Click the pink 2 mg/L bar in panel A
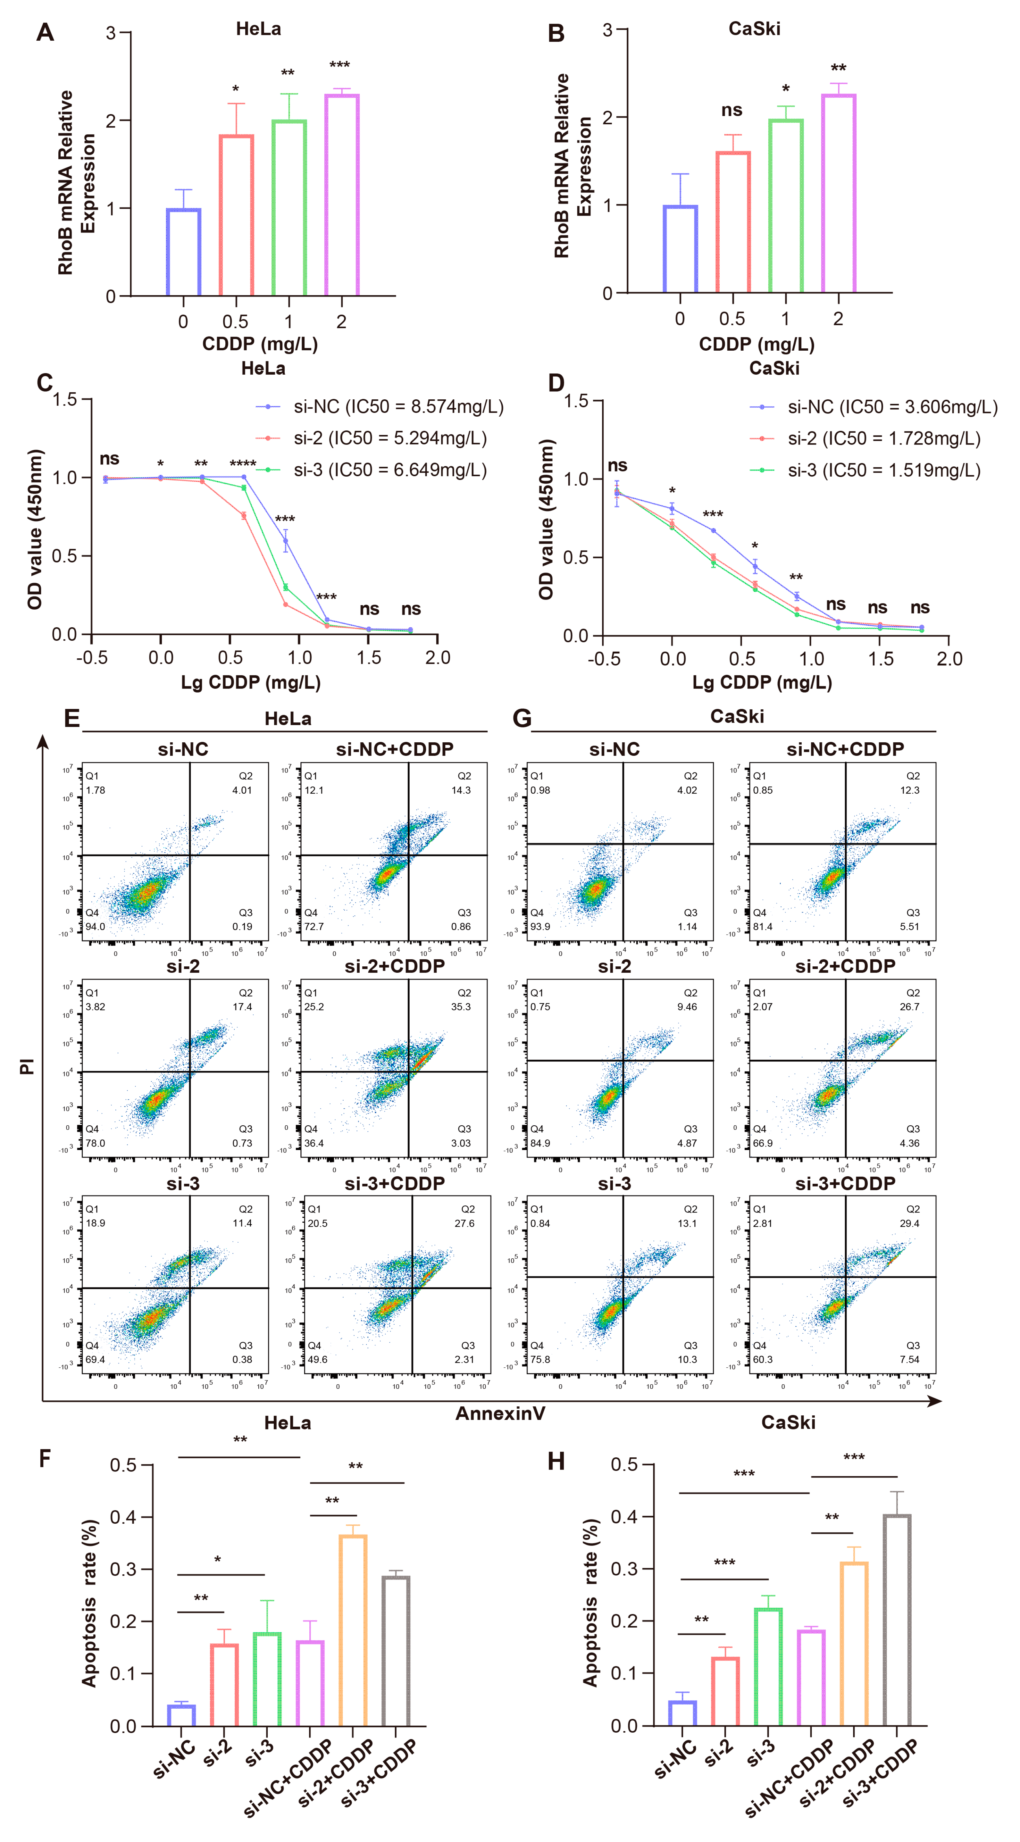pyautogui.click(x=342, y=195)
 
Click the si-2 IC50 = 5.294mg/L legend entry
pyautogui.click(x=390, y=438)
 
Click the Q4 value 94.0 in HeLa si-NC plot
pyautogui.click(x=95, y=927)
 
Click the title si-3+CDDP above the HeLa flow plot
pyautogui.click(x=395, y=1184)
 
